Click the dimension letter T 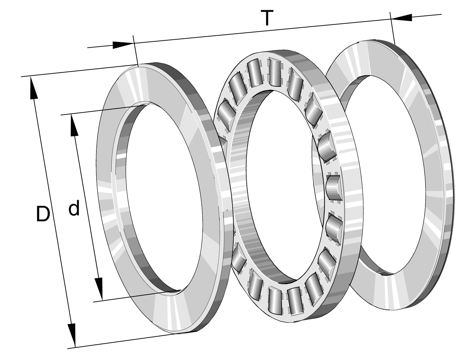(267, 18)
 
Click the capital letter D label (43, 214)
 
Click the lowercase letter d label (74, 208)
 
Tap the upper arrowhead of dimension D (33, 88)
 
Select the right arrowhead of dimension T (402, 18)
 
